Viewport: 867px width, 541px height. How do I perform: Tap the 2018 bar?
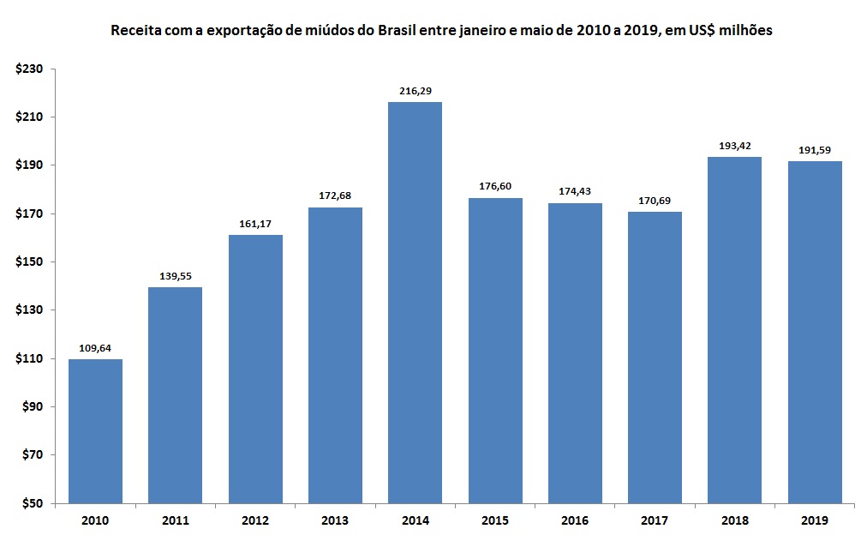(734, 330)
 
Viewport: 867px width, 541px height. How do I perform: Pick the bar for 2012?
(255, 369)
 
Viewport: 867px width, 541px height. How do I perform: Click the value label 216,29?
(415, 90)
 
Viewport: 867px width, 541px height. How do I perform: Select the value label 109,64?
(95, 347)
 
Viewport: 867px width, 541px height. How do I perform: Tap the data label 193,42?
(734, 145)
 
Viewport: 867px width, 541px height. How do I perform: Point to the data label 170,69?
(655, 200)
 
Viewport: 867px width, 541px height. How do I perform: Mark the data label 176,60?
(495, 186)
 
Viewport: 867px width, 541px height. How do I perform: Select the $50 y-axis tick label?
(31, 503)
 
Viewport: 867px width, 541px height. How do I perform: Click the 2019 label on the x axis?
(814, 520)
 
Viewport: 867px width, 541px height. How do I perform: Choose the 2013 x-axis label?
(335, 520)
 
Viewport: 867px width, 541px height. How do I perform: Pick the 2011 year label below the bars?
(175, 520)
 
